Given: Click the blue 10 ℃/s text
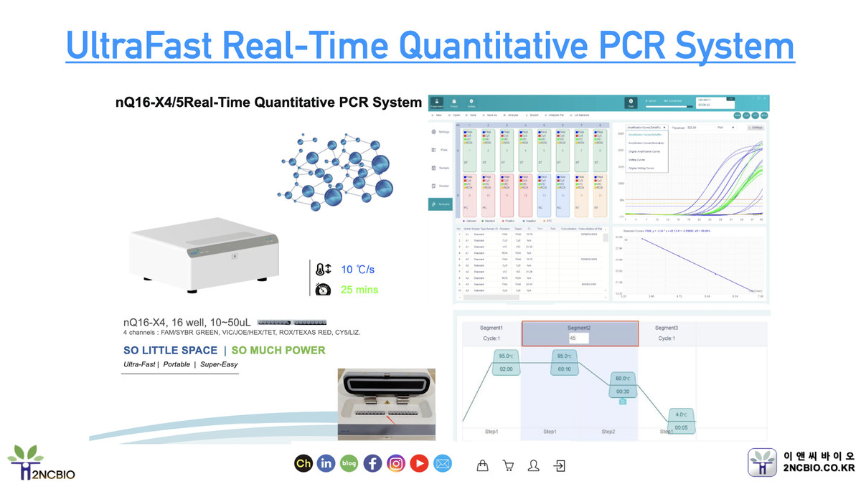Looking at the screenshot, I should point(358,270).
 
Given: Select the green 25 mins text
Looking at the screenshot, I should point(359,290).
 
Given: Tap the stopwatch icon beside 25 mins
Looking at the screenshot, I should point(323,289).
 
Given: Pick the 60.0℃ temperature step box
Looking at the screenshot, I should point(621,384).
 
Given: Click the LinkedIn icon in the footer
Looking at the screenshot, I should point(326,464).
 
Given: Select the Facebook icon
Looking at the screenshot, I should point(372,464).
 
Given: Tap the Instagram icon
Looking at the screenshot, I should point(396,464).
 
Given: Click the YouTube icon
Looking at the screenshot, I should point(419,464).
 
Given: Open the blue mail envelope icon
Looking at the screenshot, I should point(443,464).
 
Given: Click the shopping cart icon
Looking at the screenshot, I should point(509,465).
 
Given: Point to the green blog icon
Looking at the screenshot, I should point(349,464).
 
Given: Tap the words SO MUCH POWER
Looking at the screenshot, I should point(278,351).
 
